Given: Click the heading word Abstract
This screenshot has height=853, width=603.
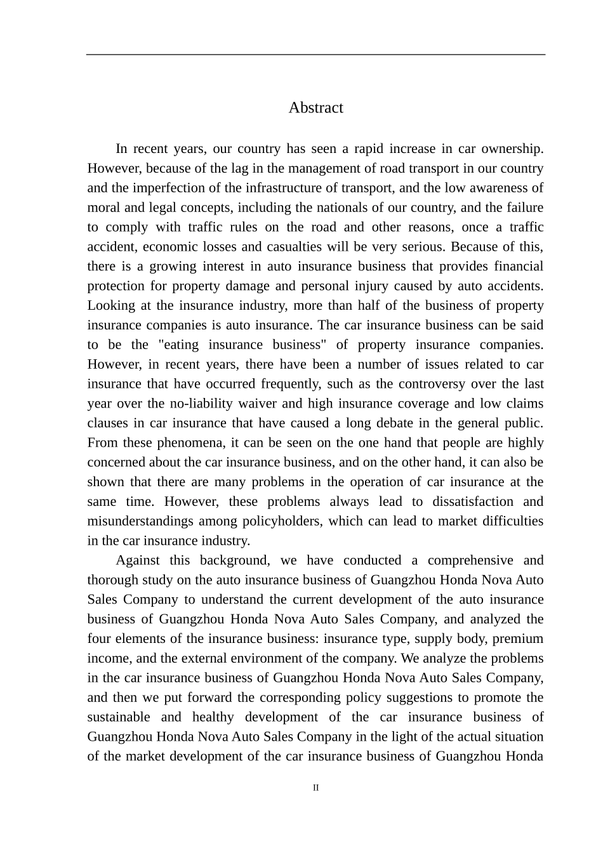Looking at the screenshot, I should point(315,108).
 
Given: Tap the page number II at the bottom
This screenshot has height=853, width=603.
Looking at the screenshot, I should point(315,788).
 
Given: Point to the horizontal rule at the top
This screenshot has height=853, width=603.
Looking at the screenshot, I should point(315,55).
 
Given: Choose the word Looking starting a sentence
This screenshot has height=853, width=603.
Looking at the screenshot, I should point(111,306).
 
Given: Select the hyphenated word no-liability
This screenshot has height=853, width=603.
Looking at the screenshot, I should point(203,404).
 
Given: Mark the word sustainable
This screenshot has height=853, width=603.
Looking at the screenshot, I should point(119,718).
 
